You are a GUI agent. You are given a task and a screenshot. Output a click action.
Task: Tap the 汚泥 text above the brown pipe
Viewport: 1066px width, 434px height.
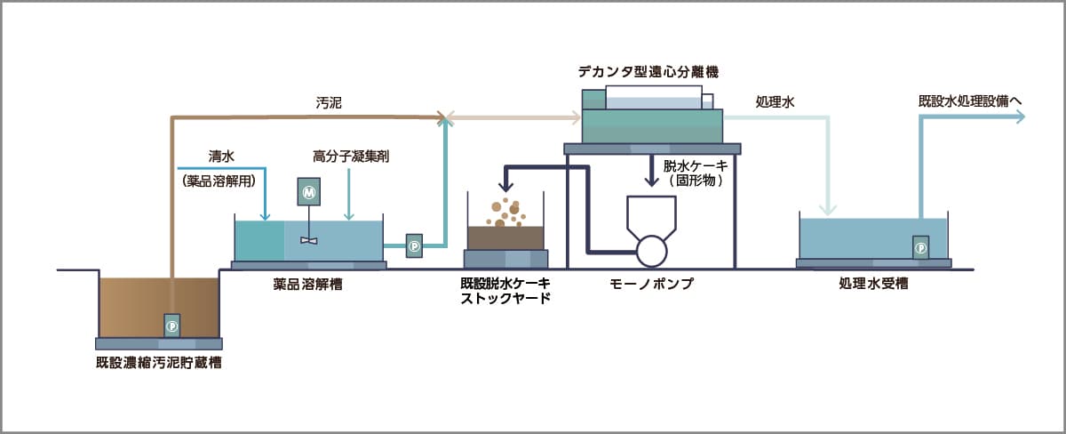pos(328,103)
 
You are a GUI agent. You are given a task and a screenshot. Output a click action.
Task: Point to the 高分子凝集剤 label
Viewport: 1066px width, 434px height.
pos(352,157)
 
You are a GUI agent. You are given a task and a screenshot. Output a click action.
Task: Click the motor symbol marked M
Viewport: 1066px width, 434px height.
pos(308,191)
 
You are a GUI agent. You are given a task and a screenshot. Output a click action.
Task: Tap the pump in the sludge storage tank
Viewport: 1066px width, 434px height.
pos(172,325)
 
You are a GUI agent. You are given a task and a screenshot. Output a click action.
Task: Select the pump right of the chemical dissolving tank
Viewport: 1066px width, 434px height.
pos(414,245)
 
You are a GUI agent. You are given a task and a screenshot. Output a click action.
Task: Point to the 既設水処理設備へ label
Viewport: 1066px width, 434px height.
pos(971,101)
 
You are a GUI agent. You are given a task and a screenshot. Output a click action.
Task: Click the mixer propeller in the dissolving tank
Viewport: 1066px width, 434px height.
pos(308,240)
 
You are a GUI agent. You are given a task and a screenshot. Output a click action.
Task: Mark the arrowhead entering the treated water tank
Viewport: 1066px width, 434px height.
pos(830,210)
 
